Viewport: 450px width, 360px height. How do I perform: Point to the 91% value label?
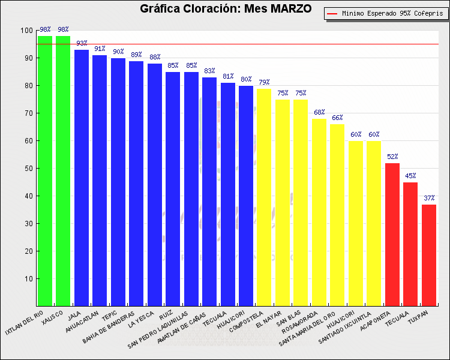tap(100, 49)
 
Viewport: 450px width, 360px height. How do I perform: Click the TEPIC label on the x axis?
tap(109, 316)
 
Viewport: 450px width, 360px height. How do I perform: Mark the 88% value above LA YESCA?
tap(155, 57)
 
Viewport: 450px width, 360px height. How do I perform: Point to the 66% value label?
tap(337, 118)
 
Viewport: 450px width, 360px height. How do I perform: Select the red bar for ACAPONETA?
tap(392, 234)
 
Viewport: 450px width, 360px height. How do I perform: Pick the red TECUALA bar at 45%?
tap(410, 244)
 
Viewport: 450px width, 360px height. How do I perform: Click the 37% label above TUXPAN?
tap(428, 198)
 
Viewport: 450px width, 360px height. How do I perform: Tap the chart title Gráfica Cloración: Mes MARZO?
tap(226, 9)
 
